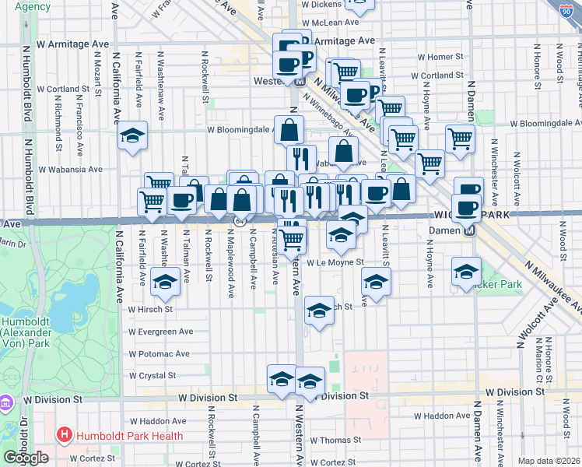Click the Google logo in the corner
tap(26, 458)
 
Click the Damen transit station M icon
tap(469, 231)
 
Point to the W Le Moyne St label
tap(335, 262)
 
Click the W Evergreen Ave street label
tap(161, 332)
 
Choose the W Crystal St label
tap(153, 375)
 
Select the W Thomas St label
tap(336, 441)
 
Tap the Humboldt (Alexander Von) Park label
tap(26, 332)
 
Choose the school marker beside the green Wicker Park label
tap(466, 271)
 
